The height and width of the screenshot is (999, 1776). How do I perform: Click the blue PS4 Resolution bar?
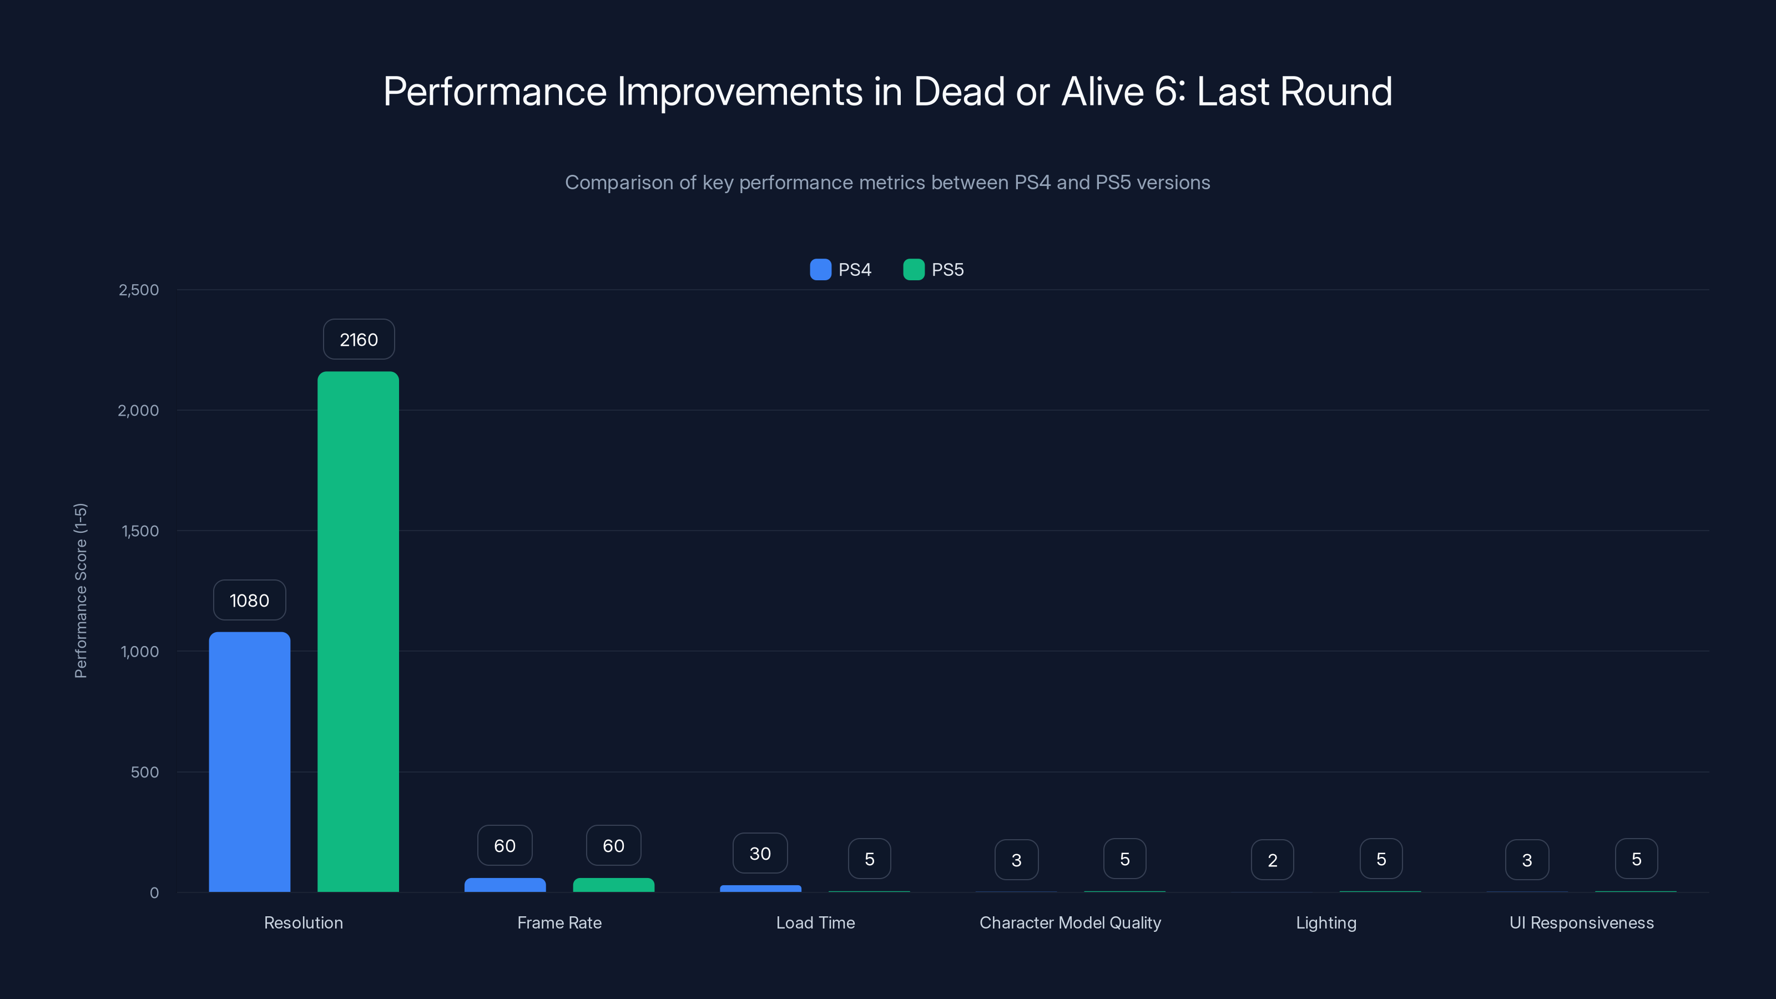pyautogui.click(x=250, y=762)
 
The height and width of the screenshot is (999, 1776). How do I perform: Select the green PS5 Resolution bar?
pyautogui.click(x=358, y=632)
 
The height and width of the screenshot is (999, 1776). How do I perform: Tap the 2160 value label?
pyautogui.click(x=359, y=339)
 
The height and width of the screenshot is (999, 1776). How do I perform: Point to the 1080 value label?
pyautogui.click(x=249, y=600)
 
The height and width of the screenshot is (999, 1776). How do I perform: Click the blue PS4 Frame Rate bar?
pyautogui.click(x=504, y=885)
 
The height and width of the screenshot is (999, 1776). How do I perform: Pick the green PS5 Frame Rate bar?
pyautogui.click(x=614, y=885)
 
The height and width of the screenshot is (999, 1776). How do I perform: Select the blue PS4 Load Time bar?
pyautogui.click(x=760, y=889)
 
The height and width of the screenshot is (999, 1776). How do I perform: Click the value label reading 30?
pyautogui.click(x=760, y=854)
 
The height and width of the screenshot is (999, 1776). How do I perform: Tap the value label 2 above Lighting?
pyautogui.click(x=1272, y=860)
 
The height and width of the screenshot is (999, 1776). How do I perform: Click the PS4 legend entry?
pyautogui.click(x=841, y=270)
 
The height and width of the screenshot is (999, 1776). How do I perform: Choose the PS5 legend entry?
pyautogui.click(x=934, y=270)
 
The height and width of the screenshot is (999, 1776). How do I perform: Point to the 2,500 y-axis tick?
pyautogui.click(x=139, y=290)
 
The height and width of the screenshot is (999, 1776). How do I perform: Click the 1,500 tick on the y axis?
pyautogui.click(x=140, y=531)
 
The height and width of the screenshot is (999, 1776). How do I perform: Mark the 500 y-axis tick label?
pyautogui.click(x=144, y=772)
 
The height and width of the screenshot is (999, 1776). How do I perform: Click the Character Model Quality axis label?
pyautogui.click(x=1070, y=922)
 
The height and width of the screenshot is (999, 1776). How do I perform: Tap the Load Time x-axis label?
pyautogui.click(x=815, y=922)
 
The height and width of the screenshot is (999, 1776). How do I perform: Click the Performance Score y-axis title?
pyautogui.click(x=80, y=591)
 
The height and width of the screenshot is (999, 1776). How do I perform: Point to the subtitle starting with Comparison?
pyautogui.click(x=887, y=183)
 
